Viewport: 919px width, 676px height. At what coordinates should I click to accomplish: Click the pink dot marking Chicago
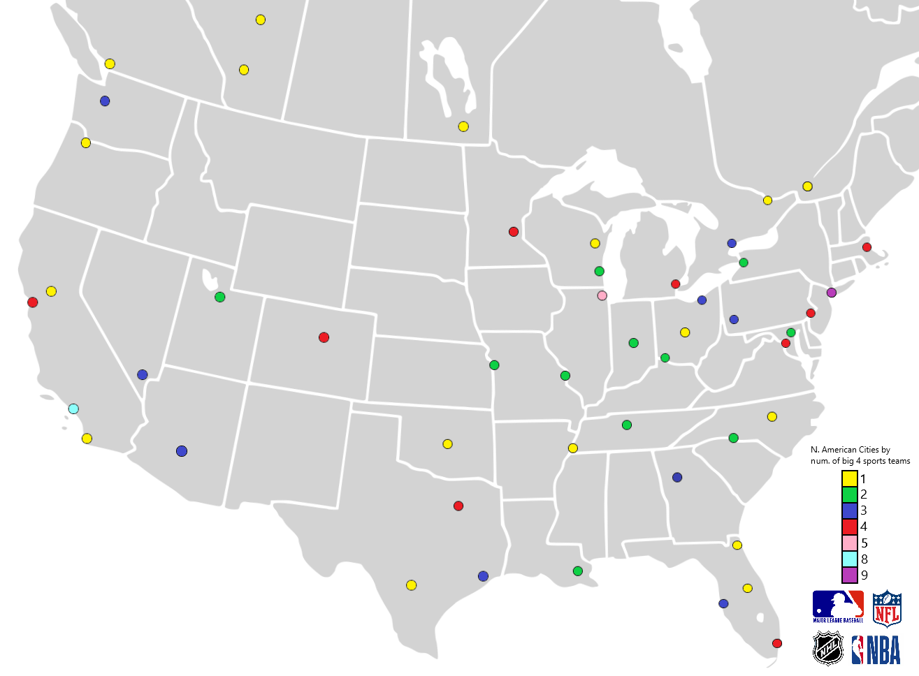pyautogui.click(x=602, y=295)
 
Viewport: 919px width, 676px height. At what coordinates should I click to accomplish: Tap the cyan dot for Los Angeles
pyautogui.click(x=73, y=409)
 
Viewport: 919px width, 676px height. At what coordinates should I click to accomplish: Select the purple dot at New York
pyautogui.click(x=831, y=293)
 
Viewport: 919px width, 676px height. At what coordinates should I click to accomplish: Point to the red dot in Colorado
pyautogui.click(x=324, y=337)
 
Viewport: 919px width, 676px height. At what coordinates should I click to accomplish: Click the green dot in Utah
pyautogui.click(x=219, y=297)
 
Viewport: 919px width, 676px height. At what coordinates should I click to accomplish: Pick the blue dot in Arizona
pyautogui.click(x=182, y=451)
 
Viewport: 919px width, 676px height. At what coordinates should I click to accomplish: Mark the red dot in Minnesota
pyautogui.click(x=514, y=232)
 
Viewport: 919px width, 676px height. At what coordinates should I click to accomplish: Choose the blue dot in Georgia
pyautogui.click(x=677, y=477)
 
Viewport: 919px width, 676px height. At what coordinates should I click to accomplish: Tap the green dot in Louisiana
pyautogui.click(x=577, y=571)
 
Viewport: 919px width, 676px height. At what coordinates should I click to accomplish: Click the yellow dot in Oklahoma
pyautogui.click(x=447, y=444)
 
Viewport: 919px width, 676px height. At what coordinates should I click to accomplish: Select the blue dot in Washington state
pyautogui.click(x=105, y=101)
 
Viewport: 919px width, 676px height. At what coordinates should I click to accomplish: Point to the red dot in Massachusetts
pyautogui.click(x=867, y=247)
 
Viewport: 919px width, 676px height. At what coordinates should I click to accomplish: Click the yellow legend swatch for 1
pyautogui.click(x=849, y=478)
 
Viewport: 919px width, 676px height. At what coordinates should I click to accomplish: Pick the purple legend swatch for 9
pyautogui.click(x=849, y=575)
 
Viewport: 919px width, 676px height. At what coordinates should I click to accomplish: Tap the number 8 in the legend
pyautogui.click(x=864, y=559)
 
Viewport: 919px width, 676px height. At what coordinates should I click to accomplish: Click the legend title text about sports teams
pyautogui.click(x=860, y=455)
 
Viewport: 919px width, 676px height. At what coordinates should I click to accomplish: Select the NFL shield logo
pyautogui.click(x=887, y=608)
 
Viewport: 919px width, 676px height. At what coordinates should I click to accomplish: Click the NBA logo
pyautogui.click(x=876, y=649)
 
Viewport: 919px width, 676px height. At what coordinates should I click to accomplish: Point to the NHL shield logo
pyautogui.click(x=828, y=648)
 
